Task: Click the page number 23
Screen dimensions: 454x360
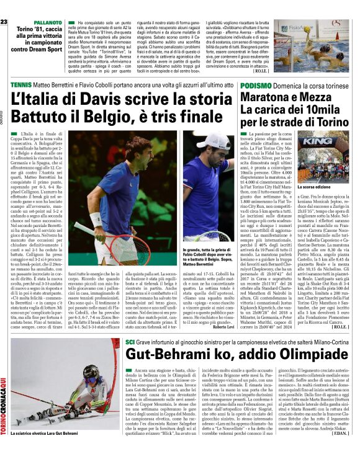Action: (x=4, y=5)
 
